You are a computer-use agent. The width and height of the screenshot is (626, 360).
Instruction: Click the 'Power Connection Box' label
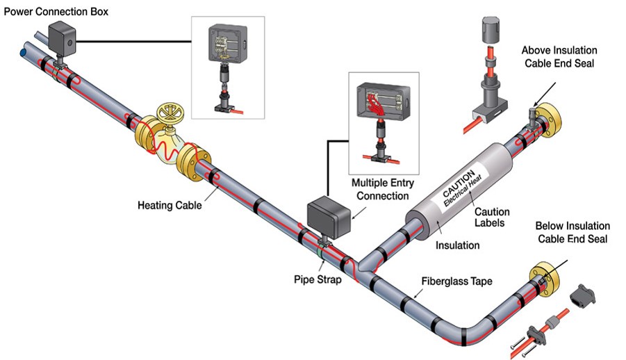56,12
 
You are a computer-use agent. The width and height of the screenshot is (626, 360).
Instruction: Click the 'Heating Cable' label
170,206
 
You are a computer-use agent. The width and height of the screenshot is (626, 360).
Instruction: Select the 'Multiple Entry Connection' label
382,190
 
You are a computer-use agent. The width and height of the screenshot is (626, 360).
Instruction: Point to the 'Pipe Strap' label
318,279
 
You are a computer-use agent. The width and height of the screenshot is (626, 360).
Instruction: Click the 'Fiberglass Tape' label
456,281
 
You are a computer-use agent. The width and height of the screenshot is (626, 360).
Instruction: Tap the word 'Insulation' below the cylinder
458,245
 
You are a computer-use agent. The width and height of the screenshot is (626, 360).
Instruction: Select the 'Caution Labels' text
492,217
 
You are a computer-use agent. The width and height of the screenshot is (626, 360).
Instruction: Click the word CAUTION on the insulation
459,183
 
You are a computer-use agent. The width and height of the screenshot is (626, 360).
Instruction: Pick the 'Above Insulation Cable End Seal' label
559,57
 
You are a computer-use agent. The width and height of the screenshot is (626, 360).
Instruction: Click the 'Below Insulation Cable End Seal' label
573,232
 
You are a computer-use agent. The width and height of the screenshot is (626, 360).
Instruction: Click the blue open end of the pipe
24,52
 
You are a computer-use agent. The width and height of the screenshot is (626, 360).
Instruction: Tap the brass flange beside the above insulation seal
550,119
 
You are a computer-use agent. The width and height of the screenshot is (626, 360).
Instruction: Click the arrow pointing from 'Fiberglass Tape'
419,293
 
